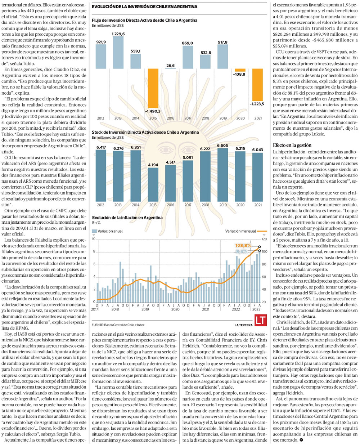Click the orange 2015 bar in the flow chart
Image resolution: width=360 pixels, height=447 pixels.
[x=153, y=88]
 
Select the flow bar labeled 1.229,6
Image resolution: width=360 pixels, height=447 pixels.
[x=118, y=52]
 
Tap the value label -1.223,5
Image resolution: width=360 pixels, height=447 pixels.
[x=257, y=104]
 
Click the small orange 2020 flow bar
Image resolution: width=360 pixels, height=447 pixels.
[x=240, y=70]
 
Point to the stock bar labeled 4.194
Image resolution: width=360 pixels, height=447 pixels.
[x=153, y=184]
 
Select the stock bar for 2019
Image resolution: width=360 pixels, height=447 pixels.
[x=223, y=175]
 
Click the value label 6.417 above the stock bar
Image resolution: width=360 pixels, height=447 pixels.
[x=101, y=147]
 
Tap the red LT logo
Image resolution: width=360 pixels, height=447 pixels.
[x=261, y=320]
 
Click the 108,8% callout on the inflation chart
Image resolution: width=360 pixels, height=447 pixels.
[x=243, y=246]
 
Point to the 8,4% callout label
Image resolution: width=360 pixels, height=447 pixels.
[x=242, y=251]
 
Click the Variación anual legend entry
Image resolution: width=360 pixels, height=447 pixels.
[x=107, y=231]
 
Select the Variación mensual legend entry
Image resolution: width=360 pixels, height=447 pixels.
[x=246, y=231]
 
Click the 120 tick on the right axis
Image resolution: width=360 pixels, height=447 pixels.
[x=264, y=239]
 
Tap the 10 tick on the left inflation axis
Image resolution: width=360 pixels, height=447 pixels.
[x=94, y=239]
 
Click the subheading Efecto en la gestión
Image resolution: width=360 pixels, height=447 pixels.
[x=292, y=145]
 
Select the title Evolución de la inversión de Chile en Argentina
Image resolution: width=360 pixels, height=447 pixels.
[x=144, y=7]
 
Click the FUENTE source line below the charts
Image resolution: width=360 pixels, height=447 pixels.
[x=118, y=325]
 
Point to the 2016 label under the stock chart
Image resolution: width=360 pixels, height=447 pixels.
[x=170, y=205]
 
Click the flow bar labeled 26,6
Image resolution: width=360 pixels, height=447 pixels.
[x=170, y=68]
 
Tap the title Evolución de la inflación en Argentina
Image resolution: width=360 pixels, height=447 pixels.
[x=127, y=218]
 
